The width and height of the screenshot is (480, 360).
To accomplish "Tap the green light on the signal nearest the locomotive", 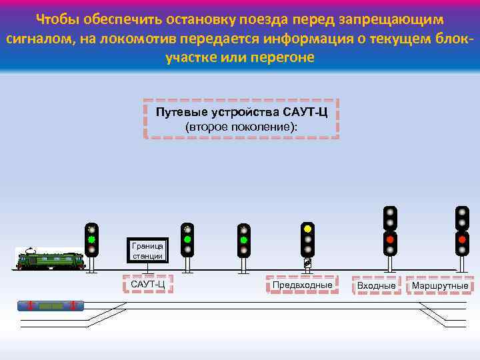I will click(92, 239).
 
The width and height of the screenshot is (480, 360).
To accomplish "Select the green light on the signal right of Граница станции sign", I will click(187, 239).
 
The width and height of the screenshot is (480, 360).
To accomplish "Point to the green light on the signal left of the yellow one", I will click(244, 239).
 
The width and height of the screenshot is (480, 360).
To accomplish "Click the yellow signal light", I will click(307, 229).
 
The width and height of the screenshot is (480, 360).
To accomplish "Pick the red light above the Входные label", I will click(390, 239).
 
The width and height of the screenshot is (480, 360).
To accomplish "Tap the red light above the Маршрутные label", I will click(462, 239).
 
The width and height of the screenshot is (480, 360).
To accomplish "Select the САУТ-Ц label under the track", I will click(147, 285).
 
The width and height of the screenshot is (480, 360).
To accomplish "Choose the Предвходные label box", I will click(302, 285).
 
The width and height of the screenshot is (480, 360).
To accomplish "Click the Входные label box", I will click(377, 285).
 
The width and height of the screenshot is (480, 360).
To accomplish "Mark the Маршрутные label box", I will click(440, 285).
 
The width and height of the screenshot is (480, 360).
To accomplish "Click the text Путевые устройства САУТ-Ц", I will click(241, 111).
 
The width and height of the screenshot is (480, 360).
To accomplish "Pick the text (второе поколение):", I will click(241, 126).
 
